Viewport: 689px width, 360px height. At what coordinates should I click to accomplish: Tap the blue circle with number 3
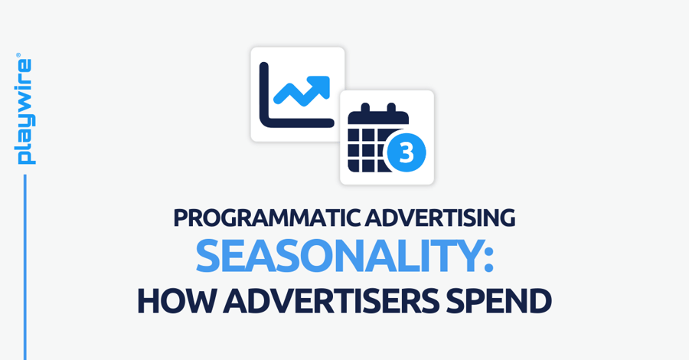407,152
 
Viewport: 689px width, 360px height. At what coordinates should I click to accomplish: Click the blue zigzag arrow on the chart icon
301,91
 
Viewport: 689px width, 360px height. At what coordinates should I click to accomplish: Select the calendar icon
379,142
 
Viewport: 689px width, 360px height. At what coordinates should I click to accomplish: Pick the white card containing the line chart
297,94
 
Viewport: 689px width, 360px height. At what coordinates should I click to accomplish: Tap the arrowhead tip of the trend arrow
325,80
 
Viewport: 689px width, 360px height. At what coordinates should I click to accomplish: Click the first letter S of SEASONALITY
209,257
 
